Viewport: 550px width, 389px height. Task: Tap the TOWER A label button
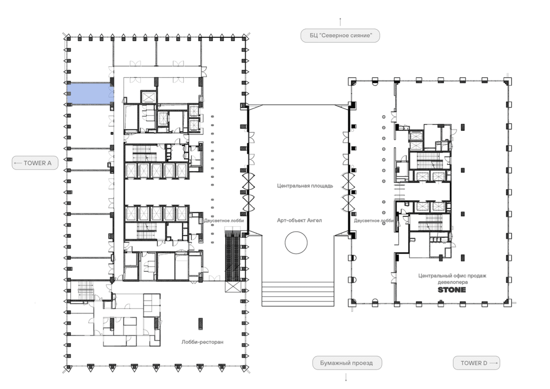point(35,163)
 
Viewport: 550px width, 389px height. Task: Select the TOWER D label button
point(476,363)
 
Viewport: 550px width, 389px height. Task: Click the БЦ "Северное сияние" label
point(340,36)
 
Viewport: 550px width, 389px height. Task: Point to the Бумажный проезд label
point(347,363)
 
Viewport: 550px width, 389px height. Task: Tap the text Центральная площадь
point(305,186)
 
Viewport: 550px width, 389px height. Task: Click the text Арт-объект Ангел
point(299,220)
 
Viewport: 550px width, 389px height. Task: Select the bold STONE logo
point(452,290)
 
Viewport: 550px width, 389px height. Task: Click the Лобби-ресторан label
point(202,342)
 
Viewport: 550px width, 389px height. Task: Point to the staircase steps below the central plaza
point(298,294)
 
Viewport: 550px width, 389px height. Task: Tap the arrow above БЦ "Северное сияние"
point(340,22)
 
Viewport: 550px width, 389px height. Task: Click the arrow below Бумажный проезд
point(346,377)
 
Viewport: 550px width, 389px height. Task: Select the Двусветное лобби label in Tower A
point(224,220)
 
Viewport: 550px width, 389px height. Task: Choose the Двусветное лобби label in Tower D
point(374,220)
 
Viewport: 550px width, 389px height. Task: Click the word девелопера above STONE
point(453,282)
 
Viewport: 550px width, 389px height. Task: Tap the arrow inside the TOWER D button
point(493,363)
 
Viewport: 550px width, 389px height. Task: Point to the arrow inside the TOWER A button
point(18,163)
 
